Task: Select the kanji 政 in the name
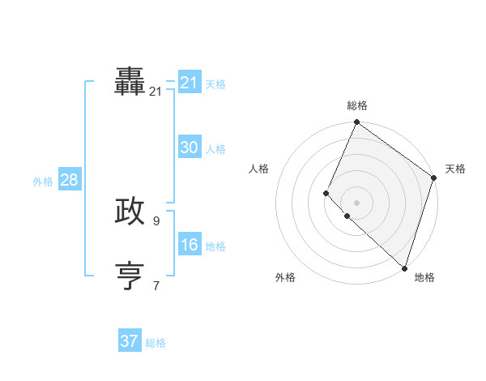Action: click(x=130, y=211)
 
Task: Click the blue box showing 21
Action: click(x=190, y=83)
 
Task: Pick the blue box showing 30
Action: click(x=190, y=148)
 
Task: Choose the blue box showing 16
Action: click(x=190, y=245)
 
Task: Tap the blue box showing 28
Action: click(x=69, y=180)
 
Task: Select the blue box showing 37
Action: click(x=130, y=341)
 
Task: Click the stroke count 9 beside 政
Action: click(x=156, y=220)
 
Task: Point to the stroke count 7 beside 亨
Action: click(x=156, y=285)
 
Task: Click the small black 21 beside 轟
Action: click(x=156, y=92)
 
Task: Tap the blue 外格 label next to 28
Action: click(x=43, y=182)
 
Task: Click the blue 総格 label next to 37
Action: click(x=156, y=343)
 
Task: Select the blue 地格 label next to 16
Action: click(x=215, y=246)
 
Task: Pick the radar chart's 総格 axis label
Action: click(x=357, y=105)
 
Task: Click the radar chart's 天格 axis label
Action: click(x=455, y=169)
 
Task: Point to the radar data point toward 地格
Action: click(x=404, y=268)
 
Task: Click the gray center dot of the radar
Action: click(x=356, y=203)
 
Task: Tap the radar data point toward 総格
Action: click(x=356, y=123)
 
